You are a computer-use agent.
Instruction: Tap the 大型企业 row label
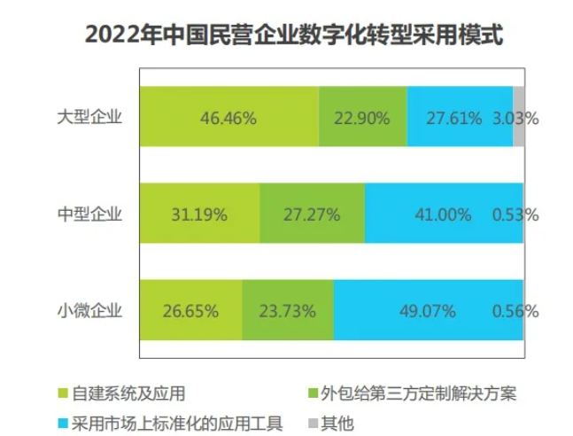(89, 117)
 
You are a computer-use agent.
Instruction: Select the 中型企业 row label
(89, 214)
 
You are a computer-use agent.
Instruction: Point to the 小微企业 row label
(89, 310)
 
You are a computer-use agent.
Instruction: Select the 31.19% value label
(199, 214)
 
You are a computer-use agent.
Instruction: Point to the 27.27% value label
(312, 214)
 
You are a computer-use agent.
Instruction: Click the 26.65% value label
(190, 311)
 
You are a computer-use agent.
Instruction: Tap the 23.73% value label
(287, 311)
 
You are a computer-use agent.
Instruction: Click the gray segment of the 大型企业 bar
(519, 117)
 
